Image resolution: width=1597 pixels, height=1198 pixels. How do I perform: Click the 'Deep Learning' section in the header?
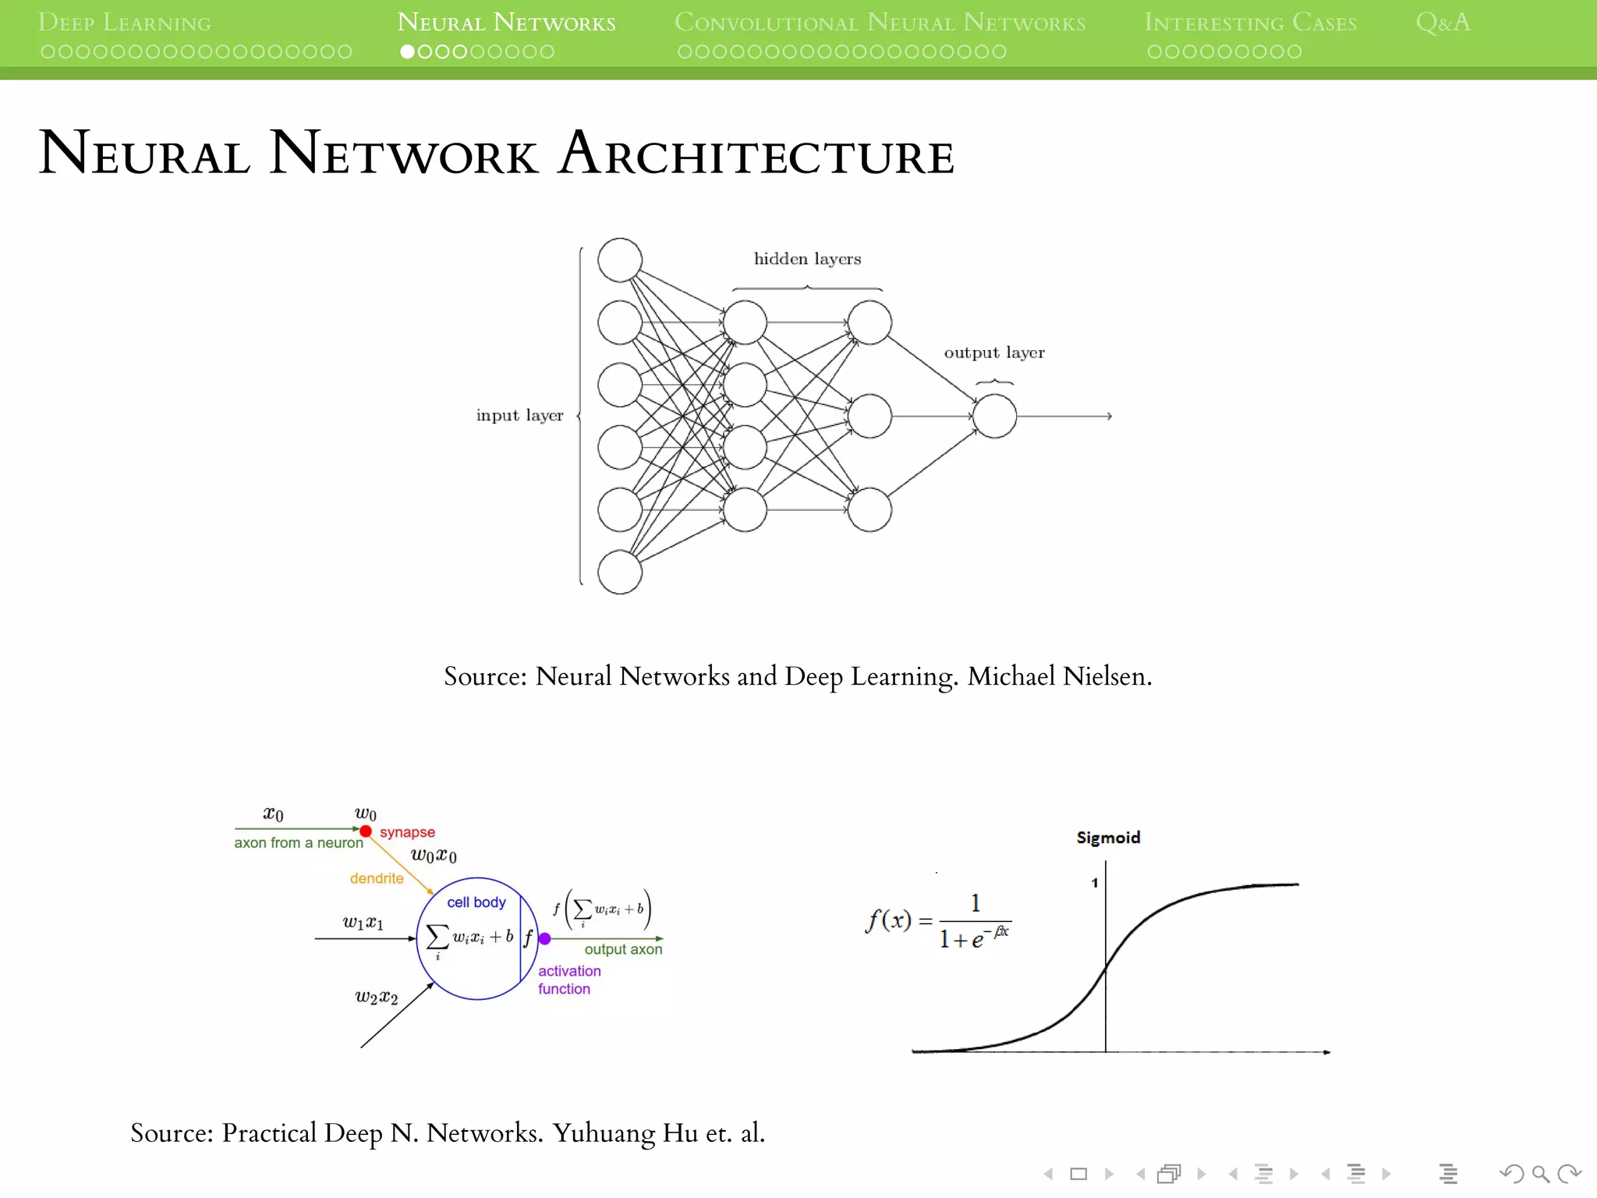[125, 23]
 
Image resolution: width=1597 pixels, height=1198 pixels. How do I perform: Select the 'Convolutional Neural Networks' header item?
[880, 23]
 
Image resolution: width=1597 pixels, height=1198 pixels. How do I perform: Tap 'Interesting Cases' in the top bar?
[1250, 23]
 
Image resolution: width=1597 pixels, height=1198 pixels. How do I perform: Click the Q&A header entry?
[1443, 23]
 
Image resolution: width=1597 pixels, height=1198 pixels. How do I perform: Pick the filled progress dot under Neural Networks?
[407, 52]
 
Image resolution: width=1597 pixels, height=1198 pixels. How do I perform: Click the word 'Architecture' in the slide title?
[756, 154]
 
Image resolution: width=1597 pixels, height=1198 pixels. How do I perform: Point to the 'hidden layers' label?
[807, 259]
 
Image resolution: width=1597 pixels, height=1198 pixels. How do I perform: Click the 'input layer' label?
[519, 416]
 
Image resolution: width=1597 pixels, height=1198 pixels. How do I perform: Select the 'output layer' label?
[993, 353]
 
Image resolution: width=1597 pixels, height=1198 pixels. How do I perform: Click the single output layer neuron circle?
[994, 416]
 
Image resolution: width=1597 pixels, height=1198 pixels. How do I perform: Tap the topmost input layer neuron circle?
[620, 261]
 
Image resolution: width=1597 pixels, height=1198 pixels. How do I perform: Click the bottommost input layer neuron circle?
[620, 572]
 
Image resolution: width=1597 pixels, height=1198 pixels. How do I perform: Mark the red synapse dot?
[366, 831]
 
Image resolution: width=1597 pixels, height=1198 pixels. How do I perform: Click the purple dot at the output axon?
[545, 939]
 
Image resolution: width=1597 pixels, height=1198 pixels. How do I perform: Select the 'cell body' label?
[476, 902]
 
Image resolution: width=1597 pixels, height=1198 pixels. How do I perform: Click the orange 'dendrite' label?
[377, 879]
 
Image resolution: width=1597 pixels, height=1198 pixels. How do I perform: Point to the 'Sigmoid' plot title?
[1108, 838]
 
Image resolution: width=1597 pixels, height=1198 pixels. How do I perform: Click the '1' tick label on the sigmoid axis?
[1095, 883]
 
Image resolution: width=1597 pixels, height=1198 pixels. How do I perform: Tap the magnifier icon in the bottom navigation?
[1540, 1174]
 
